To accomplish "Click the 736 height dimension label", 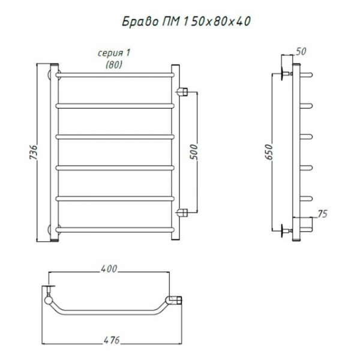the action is (33, 152).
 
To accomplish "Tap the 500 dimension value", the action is (194, 152).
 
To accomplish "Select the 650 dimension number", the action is (269, 152).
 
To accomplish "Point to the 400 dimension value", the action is (109, 269).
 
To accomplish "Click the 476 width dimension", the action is (112, 340).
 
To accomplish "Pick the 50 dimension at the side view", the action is (301, 52).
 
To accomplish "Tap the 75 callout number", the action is (323, 214).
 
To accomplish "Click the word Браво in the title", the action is (140, 22).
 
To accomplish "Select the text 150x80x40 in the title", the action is (217, 22).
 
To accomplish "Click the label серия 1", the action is (114, 53).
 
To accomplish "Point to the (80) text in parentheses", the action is (114, 65).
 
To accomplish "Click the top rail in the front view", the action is (115, 75).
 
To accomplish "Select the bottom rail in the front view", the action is (115, 230).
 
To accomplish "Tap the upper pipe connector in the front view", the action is (182, 92).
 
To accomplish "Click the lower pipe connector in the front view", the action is (182, 212).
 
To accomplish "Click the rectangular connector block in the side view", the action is (303, 224).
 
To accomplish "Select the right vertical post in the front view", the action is (175, 152).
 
